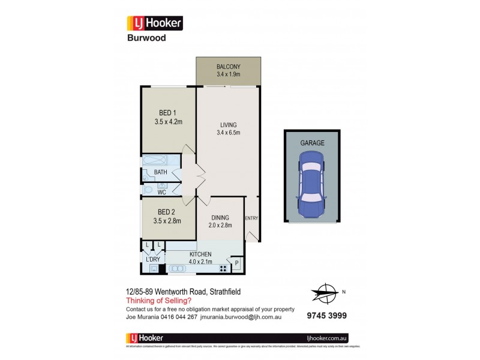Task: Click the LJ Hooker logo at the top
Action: (154, 23)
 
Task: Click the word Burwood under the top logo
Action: (146, 38)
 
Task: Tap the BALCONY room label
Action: (228, 67)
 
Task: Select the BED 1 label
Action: (168, 113)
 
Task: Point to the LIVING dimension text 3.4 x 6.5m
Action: (228, 133)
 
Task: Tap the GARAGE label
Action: (312, 143)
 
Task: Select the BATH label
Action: (160, 173)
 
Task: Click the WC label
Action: (162, 193)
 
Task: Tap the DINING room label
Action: (219, 218)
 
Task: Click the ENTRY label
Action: (251, 218)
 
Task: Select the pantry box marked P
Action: (236, 263)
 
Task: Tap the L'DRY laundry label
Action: (152, 259)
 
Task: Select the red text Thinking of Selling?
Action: (158, 300)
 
